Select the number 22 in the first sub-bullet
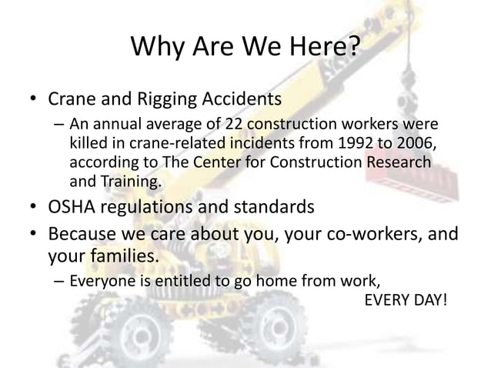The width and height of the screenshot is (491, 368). [234, 125]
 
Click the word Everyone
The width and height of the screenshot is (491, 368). [100, 280]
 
